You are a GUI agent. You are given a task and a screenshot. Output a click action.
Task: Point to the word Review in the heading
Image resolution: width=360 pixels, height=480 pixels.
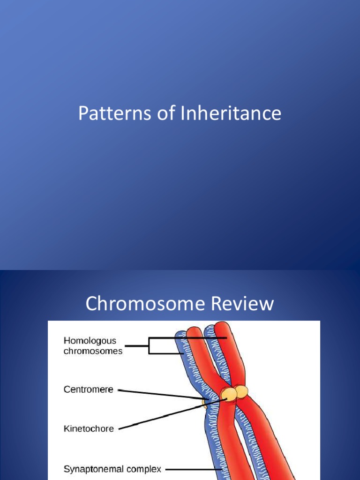coord(242,304)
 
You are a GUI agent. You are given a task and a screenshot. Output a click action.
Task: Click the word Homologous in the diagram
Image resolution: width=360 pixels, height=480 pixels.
coord(90,341)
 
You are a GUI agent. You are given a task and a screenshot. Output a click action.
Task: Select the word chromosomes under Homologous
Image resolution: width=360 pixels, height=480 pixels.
coord(93,351)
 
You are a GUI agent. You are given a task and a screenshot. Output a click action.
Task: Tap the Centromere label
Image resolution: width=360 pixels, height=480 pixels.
coord(88,389)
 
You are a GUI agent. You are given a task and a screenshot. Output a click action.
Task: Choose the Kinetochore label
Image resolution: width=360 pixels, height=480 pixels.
coord(89,428)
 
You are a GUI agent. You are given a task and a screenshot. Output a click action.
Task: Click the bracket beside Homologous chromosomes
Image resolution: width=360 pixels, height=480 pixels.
coord(149,346)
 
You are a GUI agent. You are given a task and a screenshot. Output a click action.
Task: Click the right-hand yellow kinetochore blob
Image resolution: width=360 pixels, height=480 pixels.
coord(242,391)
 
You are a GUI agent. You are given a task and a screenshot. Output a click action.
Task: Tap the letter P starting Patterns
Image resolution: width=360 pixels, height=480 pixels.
coord(82,113)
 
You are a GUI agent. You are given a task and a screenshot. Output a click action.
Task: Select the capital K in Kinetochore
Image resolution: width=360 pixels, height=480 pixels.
coord(66,428)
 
